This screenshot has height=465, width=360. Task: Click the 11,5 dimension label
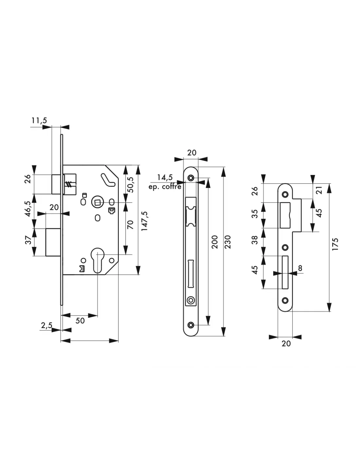pos(39,120)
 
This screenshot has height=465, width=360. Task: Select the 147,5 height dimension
pos(145,221)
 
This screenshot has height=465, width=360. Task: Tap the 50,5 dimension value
pos(130,185)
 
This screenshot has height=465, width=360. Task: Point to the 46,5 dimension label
pos(28,209)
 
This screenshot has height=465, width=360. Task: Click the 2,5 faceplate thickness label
pos(47,325)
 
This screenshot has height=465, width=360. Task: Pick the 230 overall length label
pos(228,242)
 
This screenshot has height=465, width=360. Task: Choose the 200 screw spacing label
pos(214,242)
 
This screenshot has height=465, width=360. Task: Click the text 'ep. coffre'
pos(165,186)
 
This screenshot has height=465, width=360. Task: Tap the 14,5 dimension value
pos(165,177)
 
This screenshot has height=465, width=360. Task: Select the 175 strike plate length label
pos(335,244)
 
